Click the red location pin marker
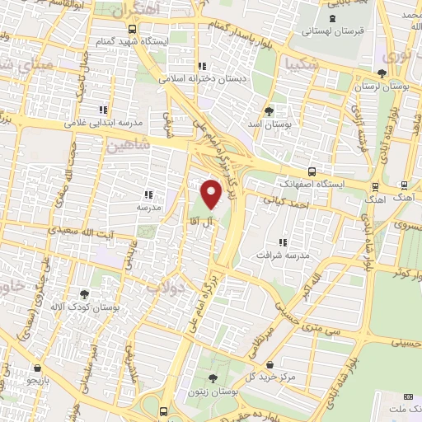point(213,194)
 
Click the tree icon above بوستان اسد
point(269,110)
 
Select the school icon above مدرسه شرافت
point(283,242)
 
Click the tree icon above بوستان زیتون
point(213,378)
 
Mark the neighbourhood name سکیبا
point(297,63)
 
